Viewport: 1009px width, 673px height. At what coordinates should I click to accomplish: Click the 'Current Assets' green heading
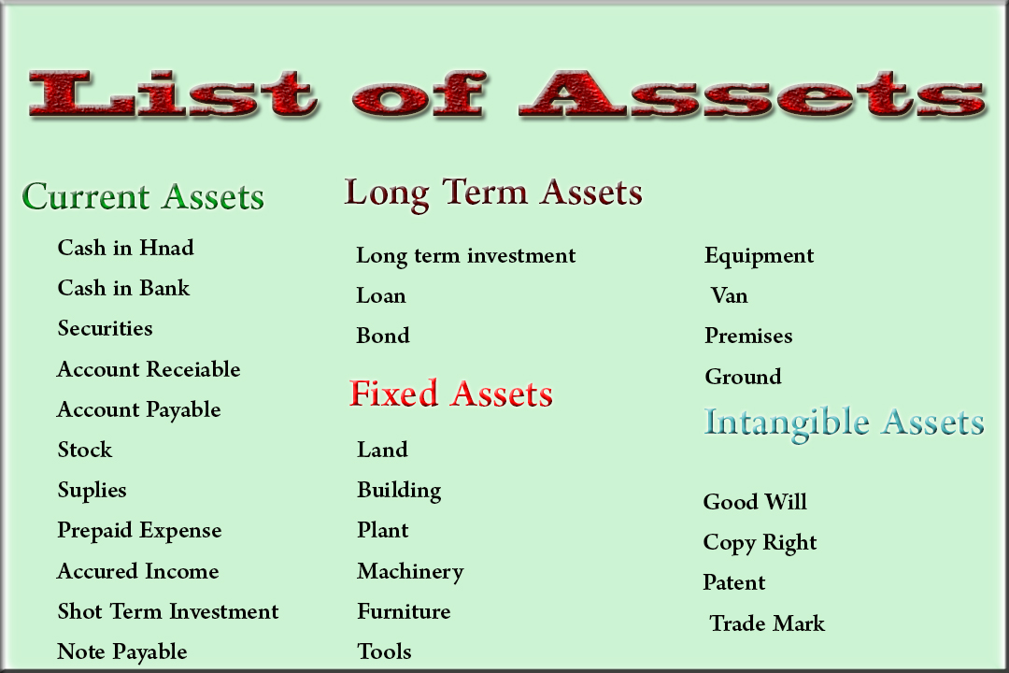coord(143,197)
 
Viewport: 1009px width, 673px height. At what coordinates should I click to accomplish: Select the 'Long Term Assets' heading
coord(493,193)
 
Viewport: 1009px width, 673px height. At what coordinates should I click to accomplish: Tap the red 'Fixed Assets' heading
coord(450,394)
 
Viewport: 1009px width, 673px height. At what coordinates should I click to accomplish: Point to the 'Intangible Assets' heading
coord(844,422)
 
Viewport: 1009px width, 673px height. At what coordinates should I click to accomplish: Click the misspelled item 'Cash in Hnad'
coord(125,248)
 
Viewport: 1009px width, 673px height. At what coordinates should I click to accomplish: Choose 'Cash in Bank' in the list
coord(123,288)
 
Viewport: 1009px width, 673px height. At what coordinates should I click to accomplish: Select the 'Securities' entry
coord(105,328)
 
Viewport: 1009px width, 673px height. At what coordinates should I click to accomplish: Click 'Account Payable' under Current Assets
coord(138,409)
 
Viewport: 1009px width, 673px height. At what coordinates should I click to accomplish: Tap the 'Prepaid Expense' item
coord(139,530)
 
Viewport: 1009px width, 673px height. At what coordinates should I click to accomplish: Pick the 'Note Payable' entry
coord(121,652)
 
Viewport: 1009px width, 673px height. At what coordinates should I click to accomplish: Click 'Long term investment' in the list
coord(465,255)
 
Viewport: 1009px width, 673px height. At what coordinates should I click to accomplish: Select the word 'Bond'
coord(383,336)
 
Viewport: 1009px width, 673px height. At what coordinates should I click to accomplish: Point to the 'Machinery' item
coord(409,571)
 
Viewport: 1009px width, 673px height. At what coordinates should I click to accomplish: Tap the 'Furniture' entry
coord(404,611)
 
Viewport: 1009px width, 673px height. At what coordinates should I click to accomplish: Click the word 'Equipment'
coord(759,256)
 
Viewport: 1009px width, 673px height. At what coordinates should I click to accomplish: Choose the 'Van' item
coord(729,295)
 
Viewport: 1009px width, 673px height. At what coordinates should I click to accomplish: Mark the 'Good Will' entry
coord(755,502)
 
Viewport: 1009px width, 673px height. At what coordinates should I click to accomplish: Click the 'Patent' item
coord(733,582)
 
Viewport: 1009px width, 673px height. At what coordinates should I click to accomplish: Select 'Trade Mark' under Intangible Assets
coord(767,623)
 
